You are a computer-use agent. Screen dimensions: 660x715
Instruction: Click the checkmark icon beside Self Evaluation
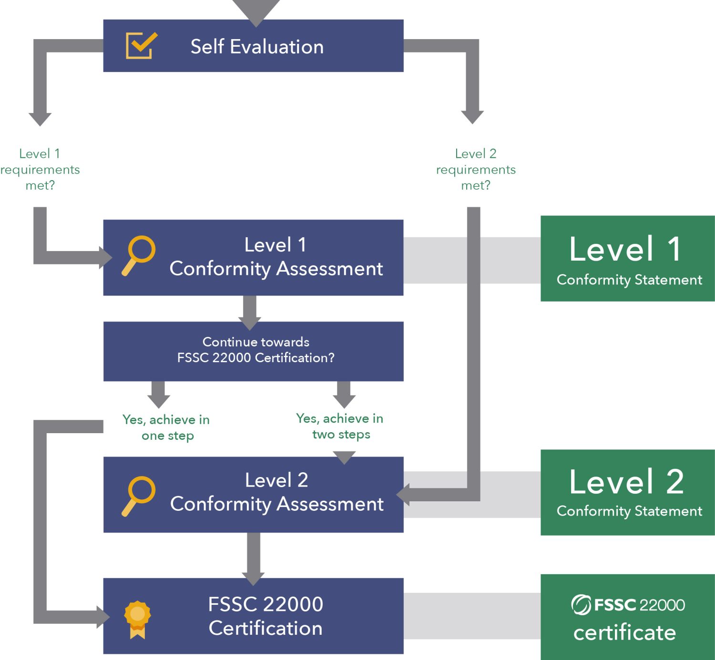click(x=141, y=46)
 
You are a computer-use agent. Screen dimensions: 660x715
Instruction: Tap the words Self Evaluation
click(x=257, y=47)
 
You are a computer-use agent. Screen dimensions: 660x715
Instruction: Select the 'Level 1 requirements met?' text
click(x=40, y=169)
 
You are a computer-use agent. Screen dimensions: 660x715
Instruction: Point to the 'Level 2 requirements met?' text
click(x=476, y=169)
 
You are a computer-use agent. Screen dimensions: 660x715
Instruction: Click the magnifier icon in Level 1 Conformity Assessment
click(x=139, y=255)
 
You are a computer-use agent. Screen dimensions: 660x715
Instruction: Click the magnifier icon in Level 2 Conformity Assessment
click(x=139, y=495)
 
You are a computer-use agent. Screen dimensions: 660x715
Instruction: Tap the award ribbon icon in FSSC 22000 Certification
click(x=137, y=619)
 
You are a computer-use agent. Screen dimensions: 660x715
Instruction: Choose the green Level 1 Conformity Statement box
click(x=627, y=258)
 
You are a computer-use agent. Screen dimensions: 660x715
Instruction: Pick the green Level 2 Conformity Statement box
click(x=627, y=492)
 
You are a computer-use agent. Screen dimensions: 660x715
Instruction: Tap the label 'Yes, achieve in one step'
click(x=166, y=427)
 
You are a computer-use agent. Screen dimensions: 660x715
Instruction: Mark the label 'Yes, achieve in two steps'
click(x=340, y=426)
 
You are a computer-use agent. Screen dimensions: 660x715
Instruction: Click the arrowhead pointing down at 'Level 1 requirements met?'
click(x=40, y=119)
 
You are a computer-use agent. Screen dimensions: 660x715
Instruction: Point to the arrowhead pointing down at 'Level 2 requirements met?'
click(x=472, y=116)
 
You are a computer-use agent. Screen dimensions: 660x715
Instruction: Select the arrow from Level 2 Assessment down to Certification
click(x=254, y=558)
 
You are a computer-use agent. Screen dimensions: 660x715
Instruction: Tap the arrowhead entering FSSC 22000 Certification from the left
click(x=103, y=617)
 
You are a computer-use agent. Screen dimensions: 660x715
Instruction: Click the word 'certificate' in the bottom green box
click(x=624, y=633)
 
